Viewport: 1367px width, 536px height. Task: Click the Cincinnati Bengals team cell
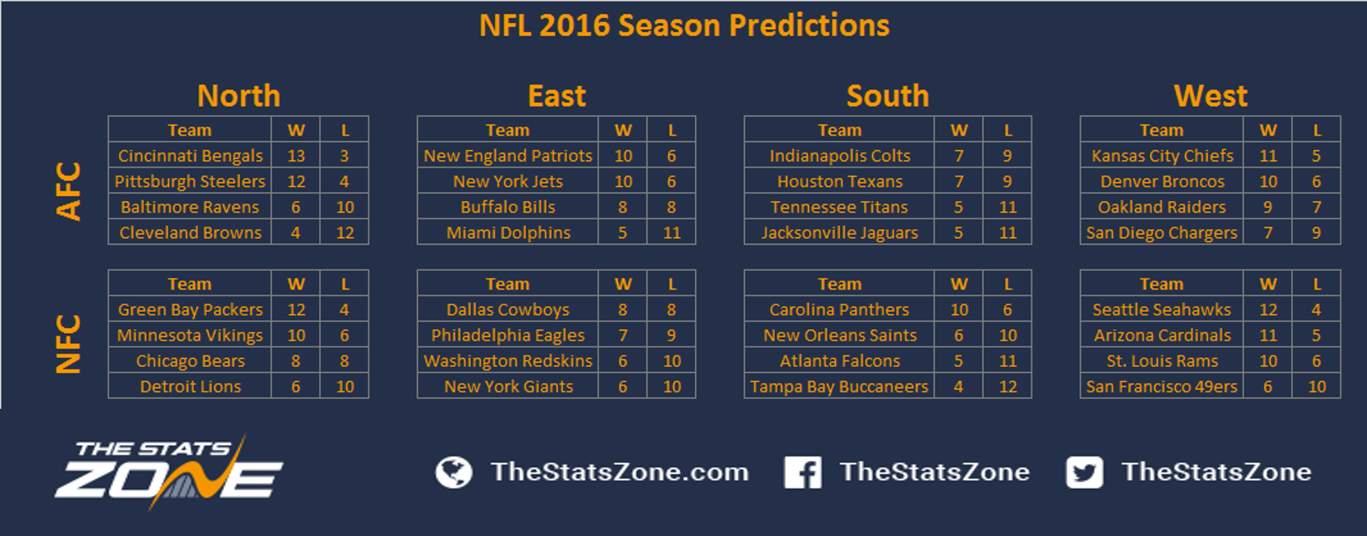point(190,156)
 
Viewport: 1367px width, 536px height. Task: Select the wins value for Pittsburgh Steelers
point(296,181)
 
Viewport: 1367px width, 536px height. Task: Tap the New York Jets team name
point(508,181)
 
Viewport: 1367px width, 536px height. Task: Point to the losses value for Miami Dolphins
point(671,232)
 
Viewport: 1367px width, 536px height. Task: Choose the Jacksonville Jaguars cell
point(839,232)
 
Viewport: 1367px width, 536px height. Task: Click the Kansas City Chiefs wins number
point(1269,156)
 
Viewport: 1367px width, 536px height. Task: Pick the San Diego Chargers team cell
point(1161,232)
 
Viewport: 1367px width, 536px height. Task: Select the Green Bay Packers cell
point(190,309)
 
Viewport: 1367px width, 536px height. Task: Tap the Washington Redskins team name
point(508,361)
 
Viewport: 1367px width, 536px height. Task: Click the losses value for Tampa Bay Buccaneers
point(1008,387)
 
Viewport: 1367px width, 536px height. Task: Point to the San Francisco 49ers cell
point(1161,387)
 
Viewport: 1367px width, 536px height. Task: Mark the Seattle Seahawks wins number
point(1269,309)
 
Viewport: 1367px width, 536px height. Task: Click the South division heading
point(887,96)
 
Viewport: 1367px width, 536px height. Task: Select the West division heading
point(1210,96)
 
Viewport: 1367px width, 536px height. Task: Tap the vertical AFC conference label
point(68,190)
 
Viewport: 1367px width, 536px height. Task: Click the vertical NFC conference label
point(68,344)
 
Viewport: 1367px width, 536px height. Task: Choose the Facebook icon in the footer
point(802,472)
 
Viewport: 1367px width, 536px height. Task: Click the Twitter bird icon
point(1085,472)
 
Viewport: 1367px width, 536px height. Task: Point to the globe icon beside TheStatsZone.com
point(454,473)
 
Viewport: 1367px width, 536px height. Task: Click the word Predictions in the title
point(808,25)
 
